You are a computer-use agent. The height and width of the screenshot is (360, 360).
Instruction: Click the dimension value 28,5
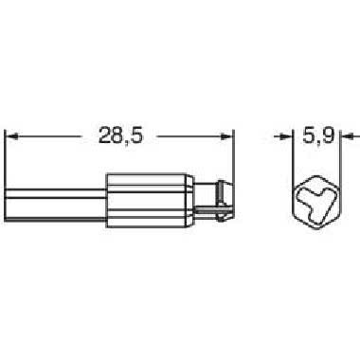(121, 135)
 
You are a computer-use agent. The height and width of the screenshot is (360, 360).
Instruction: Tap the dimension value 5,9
(318, 136)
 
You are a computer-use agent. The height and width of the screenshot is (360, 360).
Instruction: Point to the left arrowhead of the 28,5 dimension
(11, 136)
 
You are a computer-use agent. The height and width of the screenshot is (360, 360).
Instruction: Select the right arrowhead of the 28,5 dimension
(226, 136)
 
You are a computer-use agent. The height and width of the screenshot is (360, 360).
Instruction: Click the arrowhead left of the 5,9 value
(286, 136)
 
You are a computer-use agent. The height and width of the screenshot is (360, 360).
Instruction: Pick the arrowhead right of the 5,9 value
(348, 136)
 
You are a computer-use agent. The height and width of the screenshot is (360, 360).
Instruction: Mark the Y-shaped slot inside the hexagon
(316, 201)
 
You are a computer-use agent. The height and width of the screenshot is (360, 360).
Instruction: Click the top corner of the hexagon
(316, 174)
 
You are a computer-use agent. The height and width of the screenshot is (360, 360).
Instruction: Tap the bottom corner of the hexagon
(316, 228)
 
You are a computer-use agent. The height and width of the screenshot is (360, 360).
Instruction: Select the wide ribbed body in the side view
(150, 200)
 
